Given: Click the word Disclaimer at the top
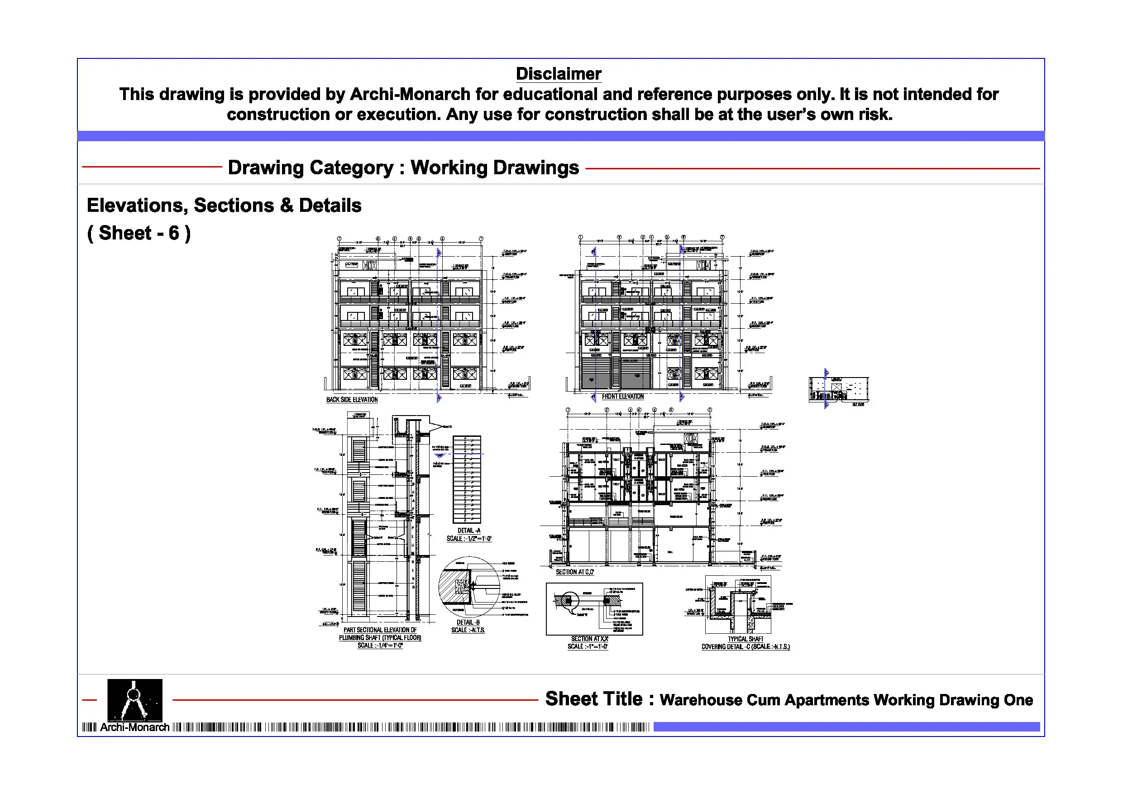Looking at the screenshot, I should coord(558,74).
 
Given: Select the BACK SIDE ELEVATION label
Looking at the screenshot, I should coord(352,400).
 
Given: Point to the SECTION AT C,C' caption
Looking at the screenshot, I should coord(574,572).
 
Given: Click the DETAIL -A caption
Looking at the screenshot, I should coord(468,530).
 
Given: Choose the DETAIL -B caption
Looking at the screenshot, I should coord(468,622).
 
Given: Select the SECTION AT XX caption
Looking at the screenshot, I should coord(589,639).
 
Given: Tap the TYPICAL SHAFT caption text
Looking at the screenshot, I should coord(745,639).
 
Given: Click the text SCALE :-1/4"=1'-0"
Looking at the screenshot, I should coord(380,646).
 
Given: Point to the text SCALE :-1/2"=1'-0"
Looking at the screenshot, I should coord(468,539).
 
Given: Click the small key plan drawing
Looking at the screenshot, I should coord(838,389).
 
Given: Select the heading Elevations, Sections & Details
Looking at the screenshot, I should coord(224,206).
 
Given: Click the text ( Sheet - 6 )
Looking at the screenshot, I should coord(139,234).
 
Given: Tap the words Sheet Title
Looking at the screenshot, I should coord(593,699).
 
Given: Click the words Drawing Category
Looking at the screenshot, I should coord(310,168).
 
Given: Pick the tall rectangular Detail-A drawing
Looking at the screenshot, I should coord(466,479).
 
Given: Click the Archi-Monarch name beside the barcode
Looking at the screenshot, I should coord(134,727).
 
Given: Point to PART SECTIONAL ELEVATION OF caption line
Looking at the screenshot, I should coord(380,630).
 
